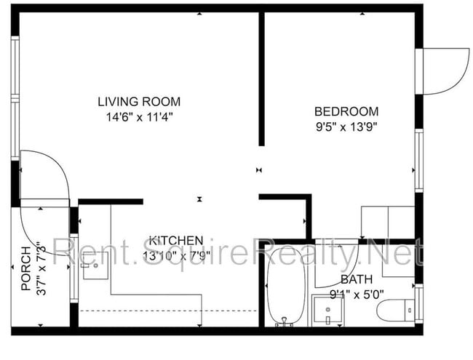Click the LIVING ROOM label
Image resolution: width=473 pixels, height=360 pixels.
tap(139, 102)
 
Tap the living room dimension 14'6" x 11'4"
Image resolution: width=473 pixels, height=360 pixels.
tap(139, 116)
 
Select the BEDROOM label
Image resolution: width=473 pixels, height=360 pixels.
tap(346, 111)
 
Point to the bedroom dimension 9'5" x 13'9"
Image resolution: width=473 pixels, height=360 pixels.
tap(346, 125)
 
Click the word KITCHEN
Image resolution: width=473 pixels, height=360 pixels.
tap(175, 241)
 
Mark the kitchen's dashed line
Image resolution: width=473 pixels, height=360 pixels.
tap(167, 311)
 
